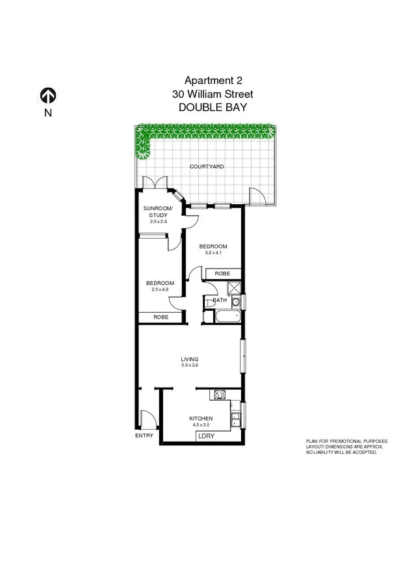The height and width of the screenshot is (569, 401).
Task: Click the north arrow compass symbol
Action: click(x=48, y=96)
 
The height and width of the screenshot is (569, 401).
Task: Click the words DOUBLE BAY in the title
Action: click(x=212, y=108)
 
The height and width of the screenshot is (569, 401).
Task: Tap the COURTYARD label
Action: click(x=207, y=166)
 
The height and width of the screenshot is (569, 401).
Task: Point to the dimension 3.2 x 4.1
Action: click(x=213, y=253)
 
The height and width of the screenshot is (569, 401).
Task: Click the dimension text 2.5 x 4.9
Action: click(x=160, y=291)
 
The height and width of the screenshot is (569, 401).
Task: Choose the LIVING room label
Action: click(x=189, y=359)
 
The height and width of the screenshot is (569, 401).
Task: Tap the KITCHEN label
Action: click(x=200, y=418)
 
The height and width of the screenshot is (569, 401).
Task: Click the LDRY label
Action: click(x=206, y=436)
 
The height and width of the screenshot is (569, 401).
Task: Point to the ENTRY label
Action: click(x=144, y=435)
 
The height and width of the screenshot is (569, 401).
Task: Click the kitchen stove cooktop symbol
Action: click(x=219, y=394)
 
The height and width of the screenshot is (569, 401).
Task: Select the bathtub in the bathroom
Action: click(x=227, y=317)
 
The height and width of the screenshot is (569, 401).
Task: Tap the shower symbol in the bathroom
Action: click(x=233, y=286)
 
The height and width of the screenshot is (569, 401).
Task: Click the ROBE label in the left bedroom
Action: click(x=161, y=317)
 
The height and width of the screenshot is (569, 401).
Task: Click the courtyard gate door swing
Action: click(x=256, y=196)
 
